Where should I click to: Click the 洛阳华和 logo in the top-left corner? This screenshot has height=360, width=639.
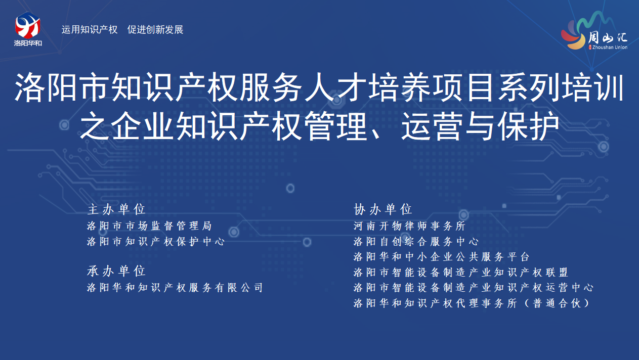pyautogui.click(x=28, y=29)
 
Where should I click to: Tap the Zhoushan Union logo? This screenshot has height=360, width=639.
pyautogui.click(x=594, y=31)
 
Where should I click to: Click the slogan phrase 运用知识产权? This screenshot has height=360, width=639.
pyautogui.click(x=90, y=30)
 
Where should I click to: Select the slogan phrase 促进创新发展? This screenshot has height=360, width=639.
pyautogui.click(x=155, y=30)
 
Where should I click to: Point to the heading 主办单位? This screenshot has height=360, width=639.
pyautogui.click(x=116, y=209)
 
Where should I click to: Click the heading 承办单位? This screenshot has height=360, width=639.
pyautogui.click(x=116, y=271)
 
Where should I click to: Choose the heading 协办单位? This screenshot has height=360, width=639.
pyautogui.click(x=383, y=209)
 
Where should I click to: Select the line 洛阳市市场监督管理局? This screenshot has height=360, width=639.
pyautogui.click(x=149, y=226)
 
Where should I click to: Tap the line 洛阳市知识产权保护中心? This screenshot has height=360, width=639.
pyautogui.click(x=156, y=242)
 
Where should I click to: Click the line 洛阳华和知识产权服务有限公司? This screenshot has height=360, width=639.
pyautogui.click(x=175, y=288)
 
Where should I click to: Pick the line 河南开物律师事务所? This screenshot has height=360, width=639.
pyautogui.click(x=410, y=226)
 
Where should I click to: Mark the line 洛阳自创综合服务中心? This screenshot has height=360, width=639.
pyautogui.click(x=416, y=242)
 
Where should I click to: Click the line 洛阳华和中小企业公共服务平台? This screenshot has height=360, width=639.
pyautogui.click(x=442, y=257)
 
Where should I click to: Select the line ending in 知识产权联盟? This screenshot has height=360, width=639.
pyautogui.click(x=461, y=273)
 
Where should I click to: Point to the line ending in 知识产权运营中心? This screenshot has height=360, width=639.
pyautogui.click(x=474, y=288)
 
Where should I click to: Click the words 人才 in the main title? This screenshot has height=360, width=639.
pyautogui.click(x=336, y=87)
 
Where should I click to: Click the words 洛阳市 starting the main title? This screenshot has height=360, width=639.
pyautogui.click(x=62, y=87)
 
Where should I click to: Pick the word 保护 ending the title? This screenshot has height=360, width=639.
pyautogui.click(x=528, y=126)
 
